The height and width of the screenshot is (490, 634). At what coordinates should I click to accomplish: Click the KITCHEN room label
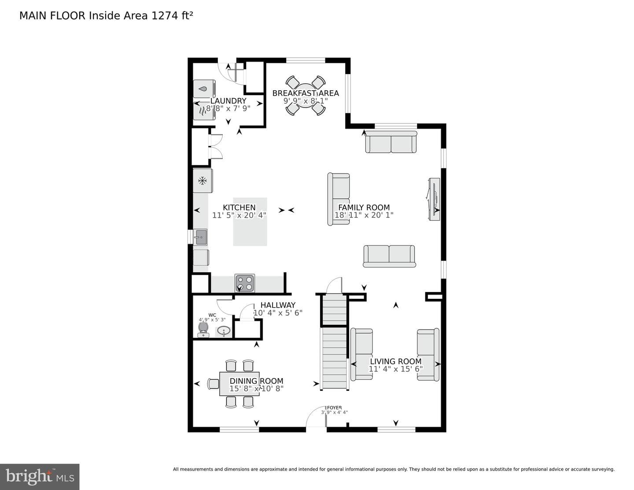pos(239,208)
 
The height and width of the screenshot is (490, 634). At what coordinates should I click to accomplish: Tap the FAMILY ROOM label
pos(364,208)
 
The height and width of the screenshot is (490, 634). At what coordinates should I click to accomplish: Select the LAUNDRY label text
pos(228,101)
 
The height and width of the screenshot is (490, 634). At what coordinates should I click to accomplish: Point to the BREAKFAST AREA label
pos(306,93)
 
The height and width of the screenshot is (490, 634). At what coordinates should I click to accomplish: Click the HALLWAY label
pos(278,305)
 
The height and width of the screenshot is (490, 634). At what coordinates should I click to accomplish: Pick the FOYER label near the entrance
pos(334,408)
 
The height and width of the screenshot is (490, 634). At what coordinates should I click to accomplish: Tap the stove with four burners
pos(245,283)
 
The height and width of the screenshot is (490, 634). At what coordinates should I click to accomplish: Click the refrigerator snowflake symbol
pos(202,181)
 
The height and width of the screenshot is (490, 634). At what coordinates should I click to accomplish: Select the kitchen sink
pos(200,237)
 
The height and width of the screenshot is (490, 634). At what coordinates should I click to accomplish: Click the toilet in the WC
pos(203,330)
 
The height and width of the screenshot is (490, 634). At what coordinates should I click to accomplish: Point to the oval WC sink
pos(224,331)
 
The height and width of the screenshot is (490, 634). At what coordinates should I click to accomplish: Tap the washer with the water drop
pos(204,89)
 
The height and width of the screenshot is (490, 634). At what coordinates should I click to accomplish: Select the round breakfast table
pos(306,96)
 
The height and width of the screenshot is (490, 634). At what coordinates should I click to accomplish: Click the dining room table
pos(239,384)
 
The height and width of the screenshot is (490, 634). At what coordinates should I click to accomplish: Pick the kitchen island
pos(250,222)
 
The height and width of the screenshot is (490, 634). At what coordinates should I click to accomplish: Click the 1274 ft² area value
pos(172,15)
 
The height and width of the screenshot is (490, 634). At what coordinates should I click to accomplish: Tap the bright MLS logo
pos(40,477)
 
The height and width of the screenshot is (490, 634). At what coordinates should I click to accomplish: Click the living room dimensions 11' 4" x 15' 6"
pos(396,369)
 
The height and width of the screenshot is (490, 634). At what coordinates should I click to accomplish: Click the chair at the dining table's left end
pos(214,384)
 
